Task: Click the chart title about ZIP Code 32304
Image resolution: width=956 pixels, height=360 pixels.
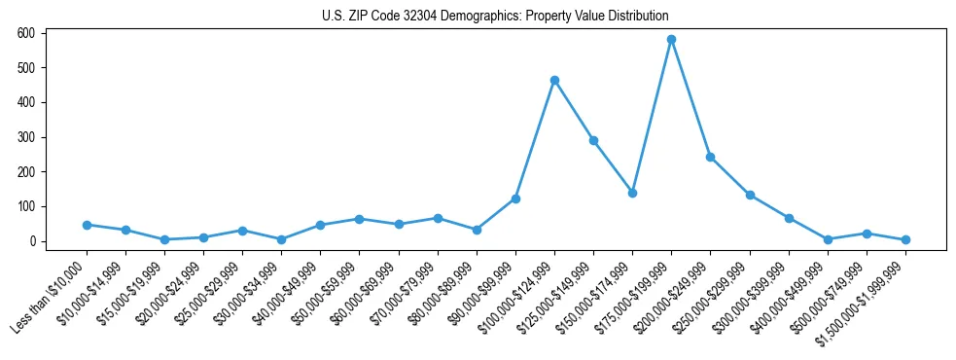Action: pyautogui.click(x=495, y=16)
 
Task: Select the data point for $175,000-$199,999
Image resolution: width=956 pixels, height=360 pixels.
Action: pyautogui.click(x=671, y=40)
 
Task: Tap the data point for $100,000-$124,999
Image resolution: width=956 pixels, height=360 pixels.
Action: pyautogui.click(x=554, y=80)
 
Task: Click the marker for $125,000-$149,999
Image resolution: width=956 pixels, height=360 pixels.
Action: pyautogui.click(x=593, y=140)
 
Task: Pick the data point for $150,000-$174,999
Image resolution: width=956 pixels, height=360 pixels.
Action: pyautogui.click(x=632, y=193)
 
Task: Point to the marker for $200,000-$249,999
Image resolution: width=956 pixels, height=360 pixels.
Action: pyautogui.click(x=710, y=157)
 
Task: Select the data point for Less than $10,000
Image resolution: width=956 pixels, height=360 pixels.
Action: pyautogui.click(x=87, y=225)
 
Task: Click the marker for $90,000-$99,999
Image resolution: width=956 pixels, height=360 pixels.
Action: pyautogui.click(x=515, y=198)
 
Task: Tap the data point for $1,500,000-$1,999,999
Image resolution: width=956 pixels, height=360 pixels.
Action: pyautogui.click(x=905, y=239)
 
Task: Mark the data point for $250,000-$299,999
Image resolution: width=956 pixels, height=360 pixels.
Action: pyautogui.click(x=750, y=195)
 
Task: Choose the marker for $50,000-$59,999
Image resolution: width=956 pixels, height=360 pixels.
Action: pyautogui.click(x=359, y=219)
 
